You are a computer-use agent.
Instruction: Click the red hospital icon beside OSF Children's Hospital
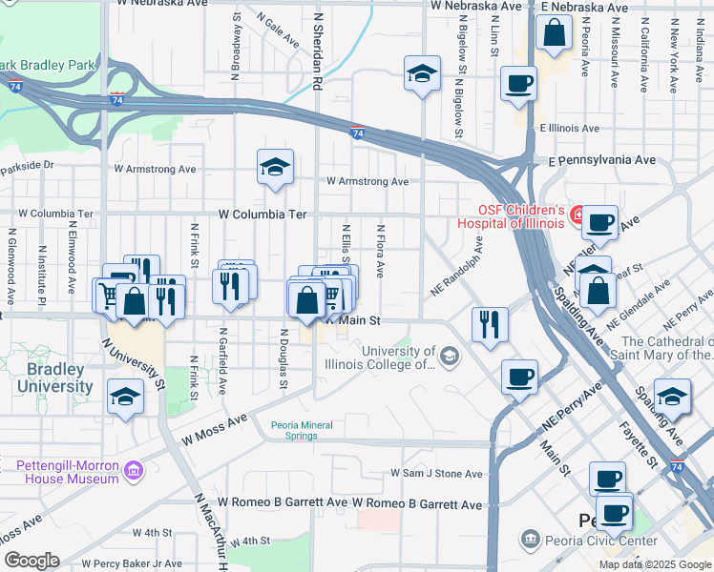577,215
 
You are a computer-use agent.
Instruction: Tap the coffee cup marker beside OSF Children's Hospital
599,222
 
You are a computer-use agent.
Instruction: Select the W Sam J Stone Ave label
436,474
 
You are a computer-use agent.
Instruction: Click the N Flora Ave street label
380,251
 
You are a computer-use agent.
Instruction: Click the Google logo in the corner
31,561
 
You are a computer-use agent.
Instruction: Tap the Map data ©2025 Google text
654,564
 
